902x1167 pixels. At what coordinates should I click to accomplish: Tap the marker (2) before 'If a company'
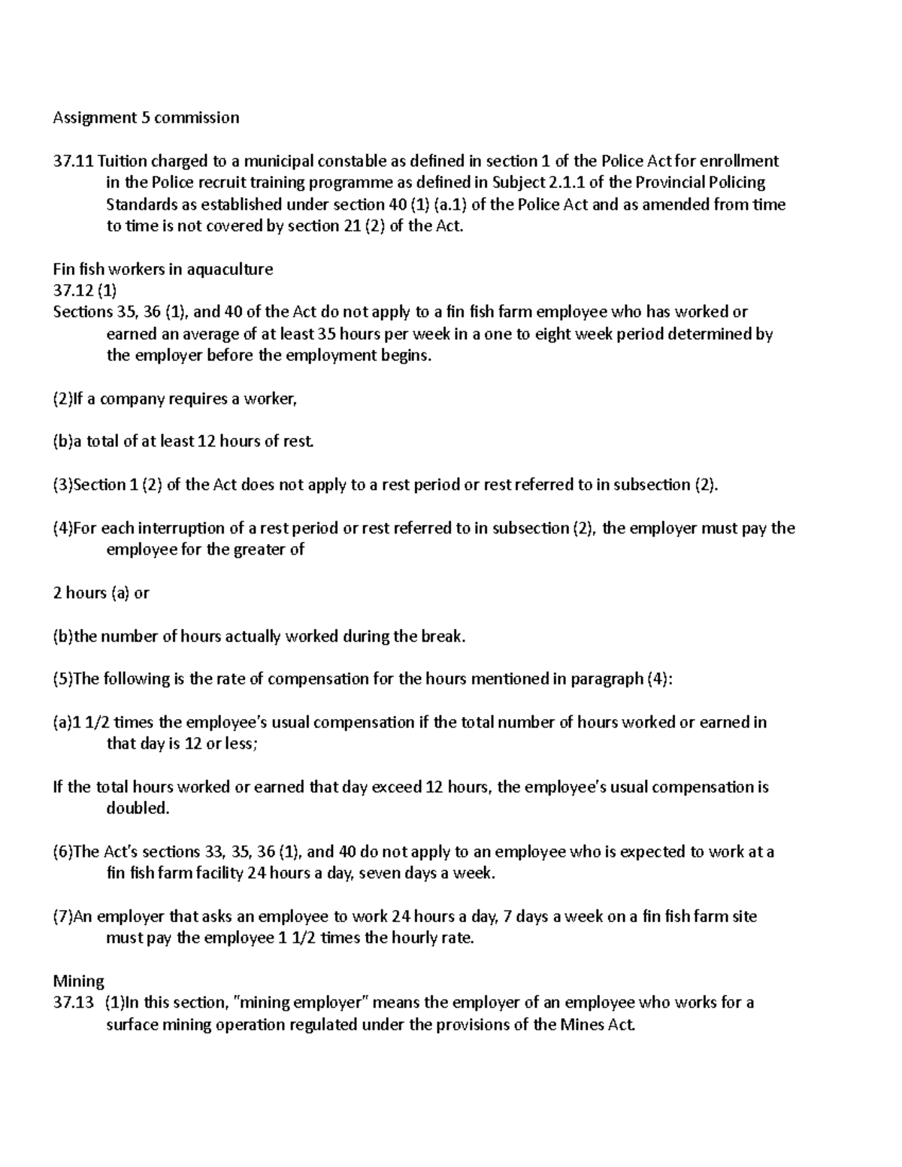(62, 399)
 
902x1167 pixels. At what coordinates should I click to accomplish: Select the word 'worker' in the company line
(274, 399)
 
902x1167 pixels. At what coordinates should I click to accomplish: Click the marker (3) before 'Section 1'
(62, 485)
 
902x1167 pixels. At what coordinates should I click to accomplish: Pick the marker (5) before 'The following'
(62, 679)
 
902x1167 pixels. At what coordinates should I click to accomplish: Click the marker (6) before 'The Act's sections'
(62, 852)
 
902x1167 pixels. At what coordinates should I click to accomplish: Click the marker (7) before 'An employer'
(62, 917)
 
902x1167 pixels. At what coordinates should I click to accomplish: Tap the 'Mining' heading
(78, 981)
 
